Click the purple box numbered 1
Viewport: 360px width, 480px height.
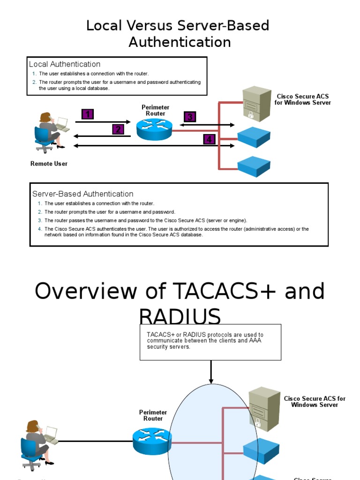coord(88,114)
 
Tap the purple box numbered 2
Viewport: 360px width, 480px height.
coord(118,129)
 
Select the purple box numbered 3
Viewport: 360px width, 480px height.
coord(189,117)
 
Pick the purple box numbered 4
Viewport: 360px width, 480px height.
coord(209,139)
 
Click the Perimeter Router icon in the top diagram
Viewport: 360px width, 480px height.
coord(154,129)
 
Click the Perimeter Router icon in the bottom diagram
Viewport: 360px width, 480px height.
coord(152,441)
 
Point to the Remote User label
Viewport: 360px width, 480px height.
coord(49,164)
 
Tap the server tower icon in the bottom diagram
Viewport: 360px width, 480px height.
coord(264,407)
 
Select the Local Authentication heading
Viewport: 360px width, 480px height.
coord(65,64)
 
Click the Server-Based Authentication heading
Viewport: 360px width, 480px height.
coord(82,194)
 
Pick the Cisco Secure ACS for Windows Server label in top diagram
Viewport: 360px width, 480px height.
coord(302,99)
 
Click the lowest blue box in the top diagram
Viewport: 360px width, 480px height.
coord(254,166)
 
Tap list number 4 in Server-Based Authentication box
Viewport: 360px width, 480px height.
coord(40,229)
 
